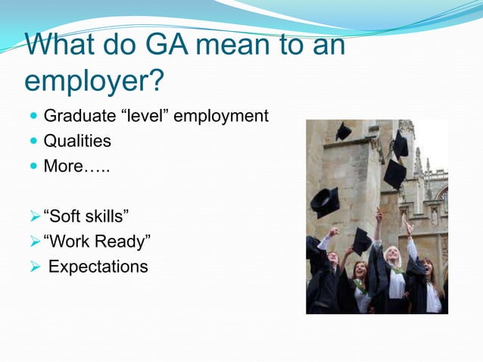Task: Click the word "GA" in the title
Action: pyautogui.click(x=154, y=45)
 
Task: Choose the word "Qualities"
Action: pyautogui.click(x=77, y=141)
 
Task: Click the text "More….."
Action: pyautogui.click(x=76, y=166)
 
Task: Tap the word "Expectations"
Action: pyautogui.click(x=98, y=267)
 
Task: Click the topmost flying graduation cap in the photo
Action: pyautogui.click(x=344, y=131)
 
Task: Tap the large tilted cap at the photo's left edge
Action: pyautogui.click(x=325, y=202)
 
